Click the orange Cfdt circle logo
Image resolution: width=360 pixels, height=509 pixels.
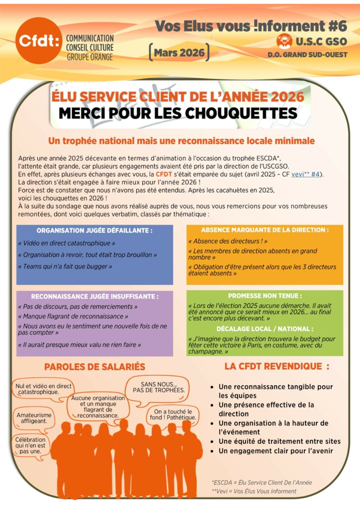coord(38,41)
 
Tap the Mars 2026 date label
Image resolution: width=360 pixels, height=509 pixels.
coord(179,52)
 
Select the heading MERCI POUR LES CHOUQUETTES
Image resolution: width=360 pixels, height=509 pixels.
coord(178,113)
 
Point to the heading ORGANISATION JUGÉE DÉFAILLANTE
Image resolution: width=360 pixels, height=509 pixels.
coord(94,231)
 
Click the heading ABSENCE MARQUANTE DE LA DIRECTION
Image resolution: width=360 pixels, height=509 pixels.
coord(265,230)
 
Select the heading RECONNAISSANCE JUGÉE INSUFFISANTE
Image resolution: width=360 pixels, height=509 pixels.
coord(94,296)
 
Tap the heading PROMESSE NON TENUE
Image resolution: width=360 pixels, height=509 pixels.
coord(265,295)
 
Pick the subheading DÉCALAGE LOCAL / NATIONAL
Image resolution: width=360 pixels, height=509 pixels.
coord(265,329)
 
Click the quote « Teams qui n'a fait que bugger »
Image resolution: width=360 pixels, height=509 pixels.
coord(65,266)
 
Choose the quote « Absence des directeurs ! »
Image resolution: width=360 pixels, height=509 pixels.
coord(228,241)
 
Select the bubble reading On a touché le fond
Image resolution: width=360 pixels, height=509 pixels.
coord(173,415)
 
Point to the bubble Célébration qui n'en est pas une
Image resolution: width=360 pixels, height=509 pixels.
coord(30,445)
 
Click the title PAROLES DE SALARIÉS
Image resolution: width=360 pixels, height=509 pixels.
coord(94,367)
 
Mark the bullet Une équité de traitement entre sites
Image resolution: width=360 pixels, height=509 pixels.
coord(279,441)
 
